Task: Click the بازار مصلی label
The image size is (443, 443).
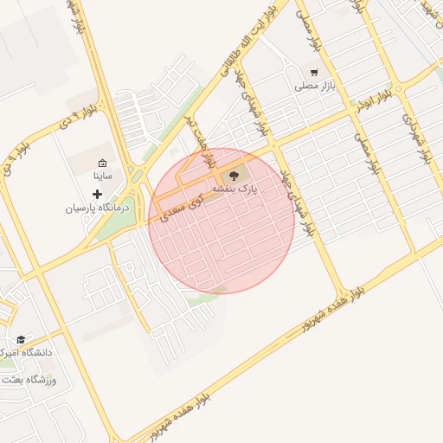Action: (x=314, y=87)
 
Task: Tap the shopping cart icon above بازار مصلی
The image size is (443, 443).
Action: (x=313, y=73)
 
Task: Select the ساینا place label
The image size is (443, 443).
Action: (x=102, y=176)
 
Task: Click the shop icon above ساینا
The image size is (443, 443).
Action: (x=103, y=163)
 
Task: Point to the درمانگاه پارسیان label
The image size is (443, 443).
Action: (x=97, y=209)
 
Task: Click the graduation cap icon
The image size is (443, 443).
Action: (x=21, y=339)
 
